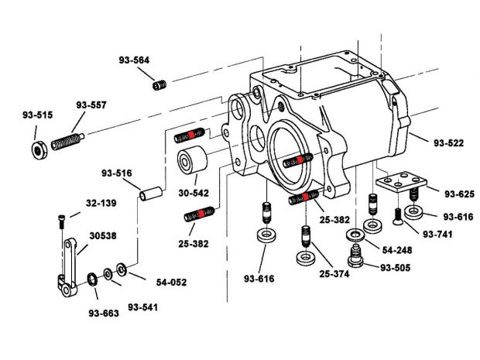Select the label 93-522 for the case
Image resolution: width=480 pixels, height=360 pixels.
449,143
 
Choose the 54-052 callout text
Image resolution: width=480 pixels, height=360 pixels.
170,283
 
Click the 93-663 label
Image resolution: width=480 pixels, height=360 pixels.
104,314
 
